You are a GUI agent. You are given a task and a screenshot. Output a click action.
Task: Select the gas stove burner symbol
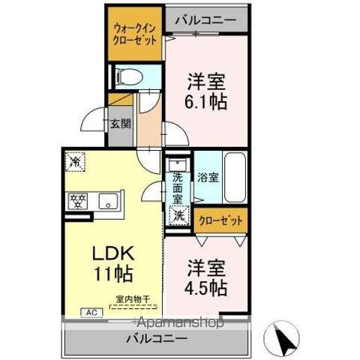tap(77, 200)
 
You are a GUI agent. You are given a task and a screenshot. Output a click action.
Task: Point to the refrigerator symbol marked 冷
tap(74, 160)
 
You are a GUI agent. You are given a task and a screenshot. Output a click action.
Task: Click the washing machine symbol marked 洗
tap(178, 215)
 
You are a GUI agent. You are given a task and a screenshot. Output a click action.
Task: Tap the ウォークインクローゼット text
tap(135, 34)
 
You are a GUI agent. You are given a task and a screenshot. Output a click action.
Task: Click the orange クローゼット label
tap(220, 220)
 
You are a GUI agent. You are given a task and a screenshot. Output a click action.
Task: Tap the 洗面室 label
tap(178, 189)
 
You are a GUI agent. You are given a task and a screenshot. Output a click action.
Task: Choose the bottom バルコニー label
tap(157, 339)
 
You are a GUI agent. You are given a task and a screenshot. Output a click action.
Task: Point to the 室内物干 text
tap(133, 300)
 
